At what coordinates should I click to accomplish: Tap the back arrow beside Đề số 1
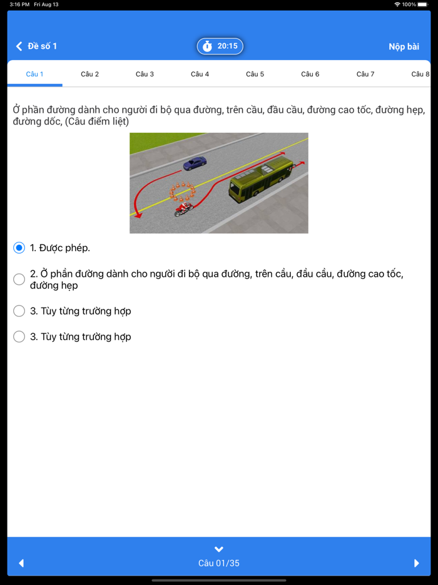click(x=19, y=46)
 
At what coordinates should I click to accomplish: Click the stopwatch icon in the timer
click(x=207, y=46)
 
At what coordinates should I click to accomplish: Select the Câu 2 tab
click(x=90, y=74)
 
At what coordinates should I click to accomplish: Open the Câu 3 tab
click(x=145, y=74)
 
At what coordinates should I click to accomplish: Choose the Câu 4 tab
click(x=200, y=74)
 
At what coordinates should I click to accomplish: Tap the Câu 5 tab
click(x=255, y=74)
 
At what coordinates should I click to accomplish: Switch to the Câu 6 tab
click(x=310, y=74)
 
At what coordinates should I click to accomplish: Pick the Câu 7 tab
click(x=365, y=74)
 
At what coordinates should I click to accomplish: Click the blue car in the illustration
click(x=195, y=163)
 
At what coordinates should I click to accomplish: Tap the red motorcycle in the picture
click(x=184, y=210)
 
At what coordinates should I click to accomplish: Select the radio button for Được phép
click(x=19, y=248)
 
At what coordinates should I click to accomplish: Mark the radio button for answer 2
click(x=19, y=279)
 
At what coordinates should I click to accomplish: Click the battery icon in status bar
click(x=423, y=4)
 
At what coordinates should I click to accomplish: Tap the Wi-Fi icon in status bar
click(x=397, y=4)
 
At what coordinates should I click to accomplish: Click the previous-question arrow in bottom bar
click(x=21, y=563)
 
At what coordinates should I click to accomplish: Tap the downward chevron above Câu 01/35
click(x=219, y=549)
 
